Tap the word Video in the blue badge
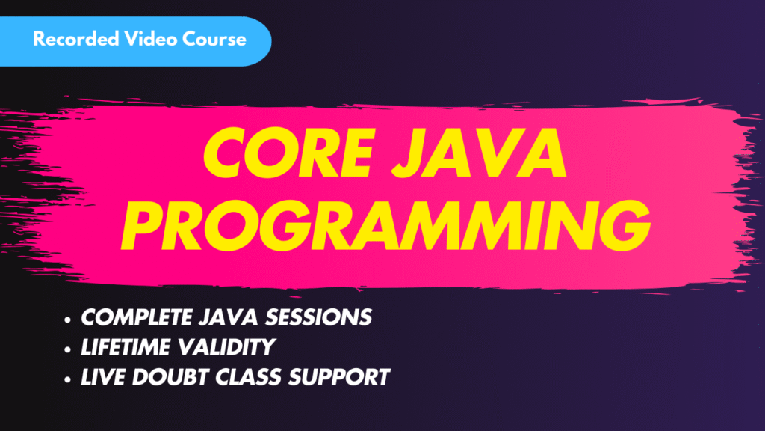[149, 39]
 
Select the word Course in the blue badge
[214, 39]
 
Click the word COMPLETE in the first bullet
[132, 317]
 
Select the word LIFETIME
[123, 346]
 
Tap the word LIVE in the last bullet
[102, 376]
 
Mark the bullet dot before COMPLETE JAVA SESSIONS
[68, 319]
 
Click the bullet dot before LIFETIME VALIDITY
[68, 349]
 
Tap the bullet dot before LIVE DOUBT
[68, 379]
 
